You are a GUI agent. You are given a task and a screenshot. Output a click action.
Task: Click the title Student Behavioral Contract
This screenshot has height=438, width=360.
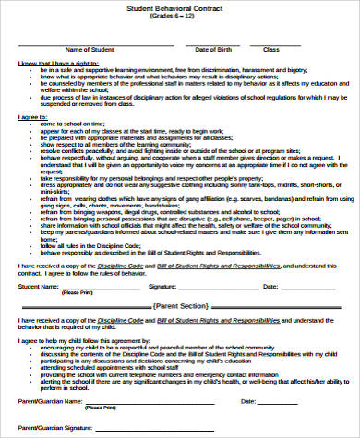click(180, 7)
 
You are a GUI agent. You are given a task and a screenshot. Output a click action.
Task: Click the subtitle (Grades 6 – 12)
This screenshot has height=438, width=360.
click(180, 18)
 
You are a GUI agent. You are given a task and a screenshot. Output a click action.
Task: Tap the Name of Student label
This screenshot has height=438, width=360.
click(89, 49)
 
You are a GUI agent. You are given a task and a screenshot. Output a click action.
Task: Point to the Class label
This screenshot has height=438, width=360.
click(270, 49)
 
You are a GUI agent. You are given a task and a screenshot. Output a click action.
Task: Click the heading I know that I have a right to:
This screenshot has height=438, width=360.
click(64, 64)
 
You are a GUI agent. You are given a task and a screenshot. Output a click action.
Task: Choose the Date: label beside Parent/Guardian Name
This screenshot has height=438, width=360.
click(247, 402)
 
